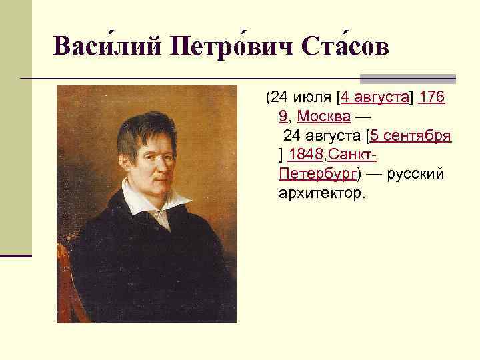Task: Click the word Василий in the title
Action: [x=106, y=46]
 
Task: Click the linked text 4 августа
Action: [x=375, y=98]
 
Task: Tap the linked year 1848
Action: [x=306, y=155]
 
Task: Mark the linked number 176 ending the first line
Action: [x=433, y=98]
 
